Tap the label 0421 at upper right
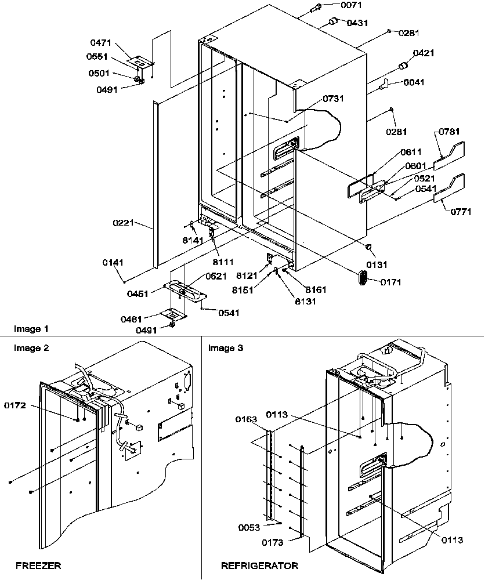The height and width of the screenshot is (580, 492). coord(423,53)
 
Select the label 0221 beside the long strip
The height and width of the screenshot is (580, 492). coord(124,222)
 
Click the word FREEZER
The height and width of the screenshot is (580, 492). coord(38,565)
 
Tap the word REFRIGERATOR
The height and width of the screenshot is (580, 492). coord(259,565)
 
